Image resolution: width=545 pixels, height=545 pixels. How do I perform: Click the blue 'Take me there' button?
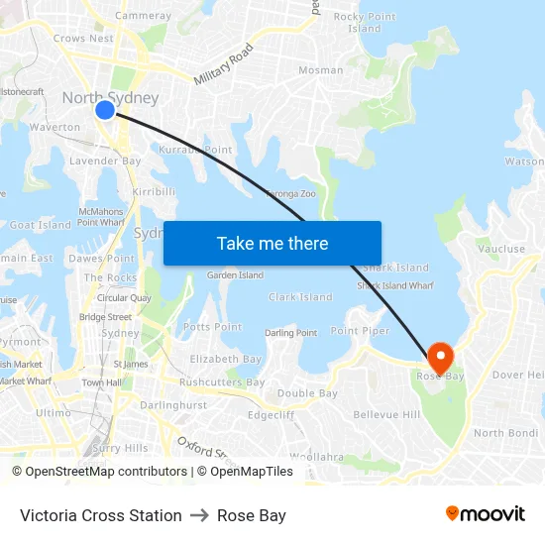click(272, 243)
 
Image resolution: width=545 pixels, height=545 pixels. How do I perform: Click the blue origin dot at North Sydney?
click(105, 110)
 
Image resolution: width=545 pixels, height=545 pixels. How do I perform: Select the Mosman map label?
click(321, 70)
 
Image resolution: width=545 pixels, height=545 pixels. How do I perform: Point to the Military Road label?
click(224, 63)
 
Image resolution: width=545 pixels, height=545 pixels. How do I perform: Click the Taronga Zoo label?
click(289, 194)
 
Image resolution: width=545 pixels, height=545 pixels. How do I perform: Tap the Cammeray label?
click(143, 16)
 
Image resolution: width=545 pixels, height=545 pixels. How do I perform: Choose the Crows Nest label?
click(83, 39)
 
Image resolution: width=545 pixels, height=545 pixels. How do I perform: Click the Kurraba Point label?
click(195, 150)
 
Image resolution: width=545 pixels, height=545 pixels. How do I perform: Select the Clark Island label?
click(300, 297)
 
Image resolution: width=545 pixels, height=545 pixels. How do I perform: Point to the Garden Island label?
click(235, 275)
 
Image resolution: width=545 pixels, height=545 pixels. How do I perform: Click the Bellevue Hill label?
click(386, 414)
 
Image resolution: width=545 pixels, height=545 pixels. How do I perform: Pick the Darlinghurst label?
click(173, 405)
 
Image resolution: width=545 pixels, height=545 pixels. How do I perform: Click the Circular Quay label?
click(124, 298)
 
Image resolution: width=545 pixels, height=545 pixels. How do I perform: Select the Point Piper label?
click(360, 331)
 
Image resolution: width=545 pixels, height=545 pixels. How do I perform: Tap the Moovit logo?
click(485, 513)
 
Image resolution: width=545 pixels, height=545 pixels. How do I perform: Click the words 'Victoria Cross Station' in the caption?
click(101, 515)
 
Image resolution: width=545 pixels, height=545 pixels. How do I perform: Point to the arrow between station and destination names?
click(199, 515)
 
